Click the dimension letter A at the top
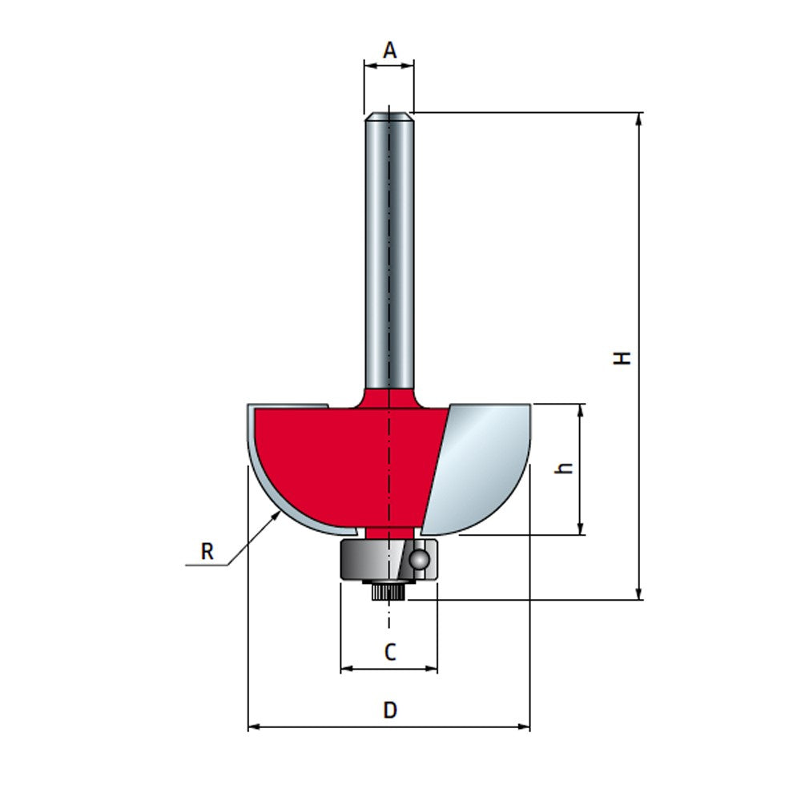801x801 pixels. pos(389,50)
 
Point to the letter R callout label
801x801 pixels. pos(207,551)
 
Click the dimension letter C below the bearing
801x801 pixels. pos(389,652)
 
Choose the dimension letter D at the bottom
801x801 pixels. pos(389,710)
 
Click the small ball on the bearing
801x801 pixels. pos(418,558)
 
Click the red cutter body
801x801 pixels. pos(344,457)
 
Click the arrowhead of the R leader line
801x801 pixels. pos(277,515)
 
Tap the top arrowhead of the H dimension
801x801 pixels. pos(639,118)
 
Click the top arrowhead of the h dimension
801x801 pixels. pos(582,409)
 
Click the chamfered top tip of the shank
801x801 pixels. pos(389,115)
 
